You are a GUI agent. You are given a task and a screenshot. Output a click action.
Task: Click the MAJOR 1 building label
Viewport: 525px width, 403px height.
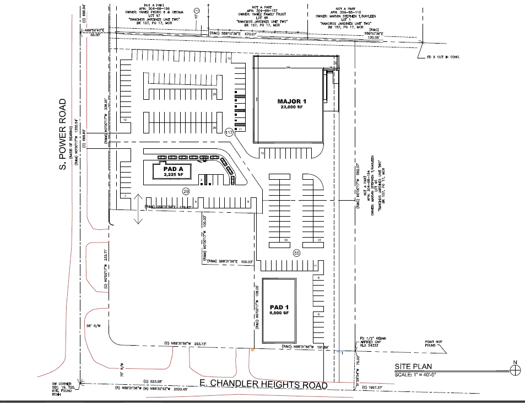(x=289, y=101)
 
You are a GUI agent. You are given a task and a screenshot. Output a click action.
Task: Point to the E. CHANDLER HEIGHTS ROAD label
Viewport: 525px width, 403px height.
(x=263, y=385)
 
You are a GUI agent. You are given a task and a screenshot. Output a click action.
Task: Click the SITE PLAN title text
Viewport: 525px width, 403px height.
(x=413, y=367)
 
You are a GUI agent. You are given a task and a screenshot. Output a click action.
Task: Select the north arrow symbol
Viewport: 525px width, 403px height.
(x=515, y=370)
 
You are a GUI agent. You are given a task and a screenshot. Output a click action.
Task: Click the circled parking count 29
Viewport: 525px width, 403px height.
(x=186, y=191)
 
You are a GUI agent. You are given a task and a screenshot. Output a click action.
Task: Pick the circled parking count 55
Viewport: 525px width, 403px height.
(x=296, y=253)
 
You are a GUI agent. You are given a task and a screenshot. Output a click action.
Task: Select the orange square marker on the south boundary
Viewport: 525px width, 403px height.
(x=252, y=350)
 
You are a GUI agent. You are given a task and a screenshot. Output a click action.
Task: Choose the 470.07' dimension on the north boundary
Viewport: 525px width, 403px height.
(x=251, y=34)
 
